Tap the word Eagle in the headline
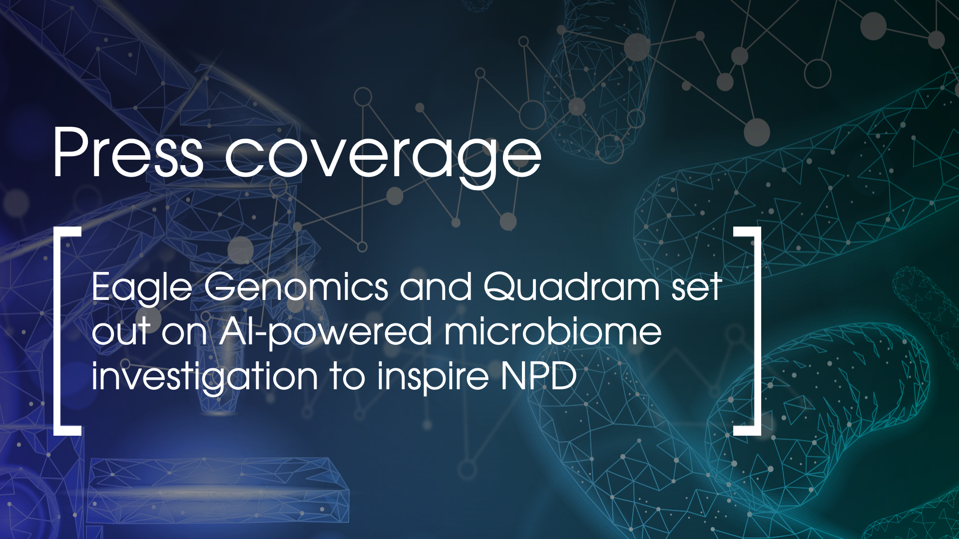click(x=142, y=288)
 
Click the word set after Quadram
click(x=696, y=288)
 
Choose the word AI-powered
click(x=325, y=333)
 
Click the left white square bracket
click(x=61, y=331)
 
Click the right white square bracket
click(x=754, y=331)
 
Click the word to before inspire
click(x=348, y=377)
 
